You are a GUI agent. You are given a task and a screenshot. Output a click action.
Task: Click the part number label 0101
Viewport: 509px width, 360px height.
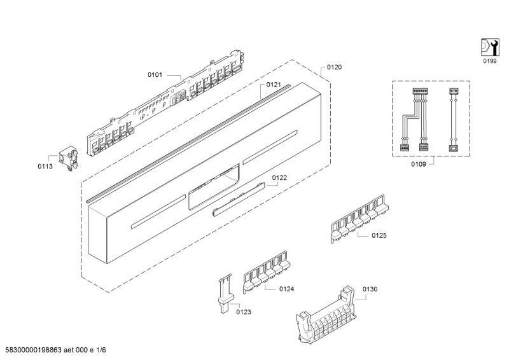(155, 75)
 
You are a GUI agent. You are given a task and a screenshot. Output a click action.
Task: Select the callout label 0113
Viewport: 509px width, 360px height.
(45, 167)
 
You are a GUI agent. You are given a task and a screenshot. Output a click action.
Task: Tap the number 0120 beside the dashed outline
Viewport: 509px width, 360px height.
(334, 67)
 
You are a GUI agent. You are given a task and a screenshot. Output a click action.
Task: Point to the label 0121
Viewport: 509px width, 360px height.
(274, 85)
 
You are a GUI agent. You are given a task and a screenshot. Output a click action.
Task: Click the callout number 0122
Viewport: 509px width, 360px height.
(279, 178)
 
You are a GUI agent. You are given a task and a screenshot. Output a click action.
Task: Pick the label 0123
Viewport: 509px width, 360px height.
(244, 312)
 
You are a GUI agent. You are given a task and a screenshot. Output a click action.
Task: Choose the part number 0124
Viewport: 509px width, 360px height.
(287, 289)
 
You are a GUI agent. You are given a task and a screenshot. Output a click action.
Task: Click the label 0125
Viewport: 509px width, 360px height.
(379, 235)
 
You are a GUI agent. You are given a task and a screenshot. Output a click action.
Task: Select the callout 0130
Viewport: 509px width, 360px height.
(370, 289)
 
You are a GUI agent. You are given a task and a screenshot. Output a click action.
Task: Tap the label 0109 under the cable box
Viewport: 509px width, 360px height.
(419, 164)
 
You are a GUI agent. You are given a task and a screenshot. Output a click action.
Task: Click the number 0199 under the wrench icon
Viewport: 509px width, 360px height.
(490, 61)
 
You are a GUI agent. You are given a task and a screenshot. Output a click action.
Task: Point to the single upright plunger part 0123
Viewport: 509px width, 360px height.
(225, 294)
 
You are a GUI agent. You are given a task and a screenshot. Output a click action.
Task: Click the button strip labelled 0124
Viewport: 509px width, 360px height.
(267, 272)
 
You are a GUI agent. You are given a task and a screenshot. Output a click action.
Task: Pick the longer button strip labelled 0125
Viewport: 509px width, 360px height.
(359, 218)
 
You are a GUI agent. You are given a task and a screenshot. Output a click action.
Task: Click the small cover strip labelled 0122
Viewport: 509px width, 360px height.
(239, 199)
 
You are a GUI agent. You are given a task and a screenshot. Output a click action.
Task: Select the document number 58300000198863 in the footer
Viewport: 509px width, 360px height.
(34, 350)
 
